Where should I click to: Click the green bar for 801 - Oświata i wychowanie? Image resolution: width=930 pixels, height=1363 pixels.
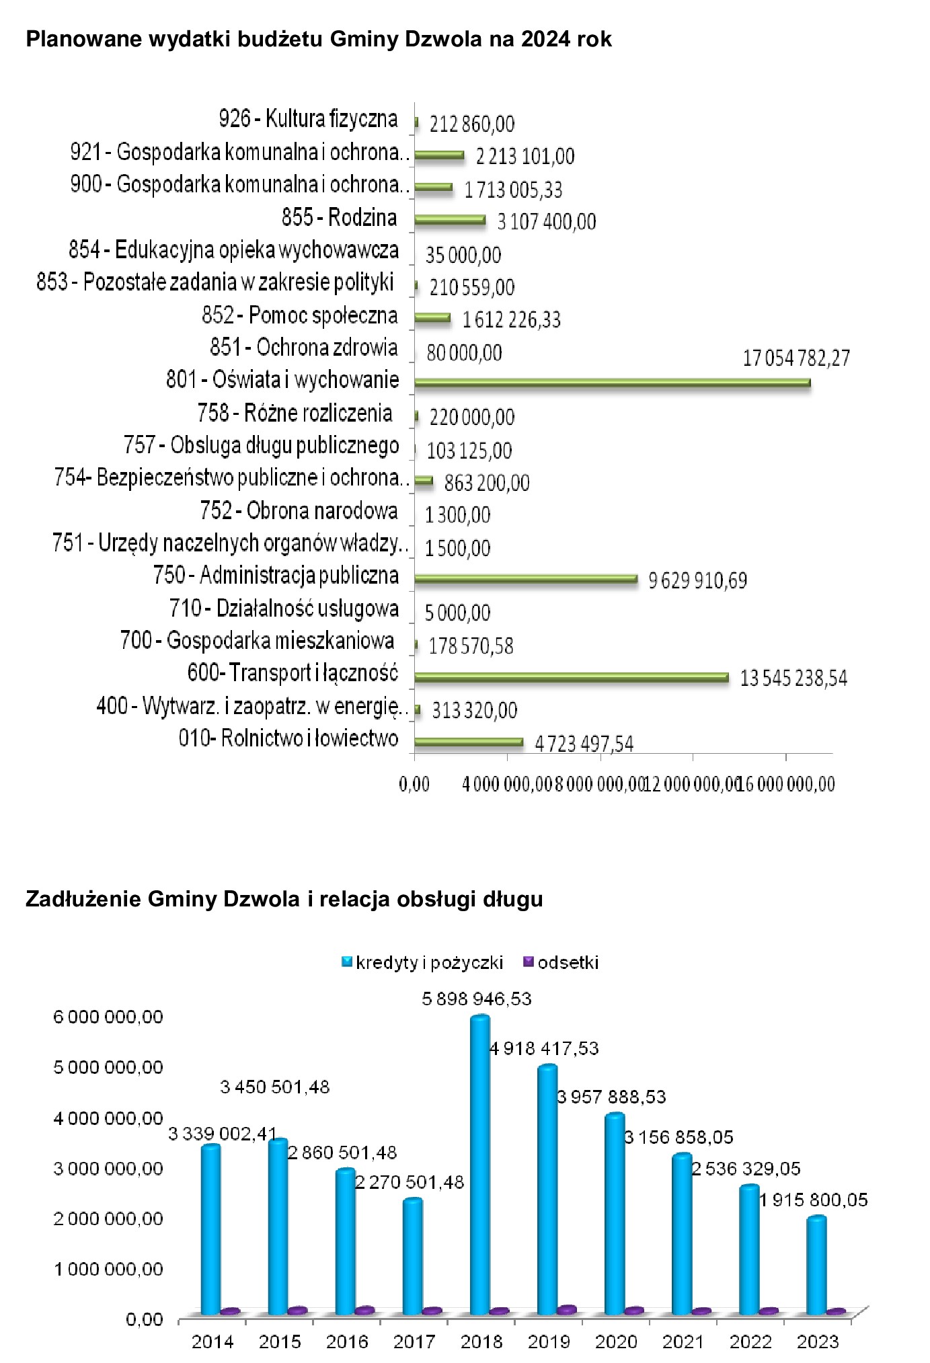(x=612, y=383)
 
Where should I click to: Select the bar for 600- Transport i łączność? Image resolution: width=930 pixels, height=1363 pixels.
(x=571, y=677)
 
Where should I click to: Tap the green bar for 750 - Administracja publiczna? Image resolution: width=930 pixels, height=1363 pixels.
(x=525, y=578)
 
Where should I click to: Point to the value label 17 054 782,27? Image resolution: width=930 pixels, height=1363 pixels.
(x=796, y=358)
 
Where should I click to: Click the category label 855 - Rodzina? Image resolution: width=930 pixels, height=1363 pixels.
(x=339, y=218)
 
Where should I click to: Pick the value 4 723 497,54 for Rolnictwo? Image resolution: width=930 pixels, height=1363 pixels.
(x=584, y=744)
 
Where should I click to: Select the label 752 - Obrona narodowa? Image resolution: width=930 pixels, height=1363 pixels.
(x=299, y=511)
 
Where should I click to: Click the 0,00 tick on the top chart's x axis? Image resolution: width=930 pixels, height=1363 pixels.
(x=414, y=784)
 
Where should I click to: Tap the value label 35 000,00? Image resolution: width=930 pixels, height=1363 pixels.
(x=463, y=255)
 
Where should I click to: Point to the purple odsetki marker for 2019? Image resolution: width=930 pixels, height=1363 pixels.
(x=567, y=1309)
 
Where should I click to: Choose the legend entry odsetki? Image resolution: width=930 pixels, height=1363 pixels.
(x=568, y=962)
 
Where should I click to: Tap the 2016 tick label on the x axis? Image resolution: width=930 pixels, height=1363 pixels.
(x=347, y=1341)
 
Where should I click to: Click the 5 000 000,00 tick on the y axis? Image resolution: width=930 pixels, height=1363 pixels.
(x=108, y=1067)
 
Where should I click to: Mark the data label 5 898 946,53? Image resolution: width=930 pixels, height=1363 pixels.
(x=477, y=999)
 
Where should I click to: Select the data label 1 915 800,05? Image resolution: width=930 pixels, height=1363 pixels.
(x=813, y=1200)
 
